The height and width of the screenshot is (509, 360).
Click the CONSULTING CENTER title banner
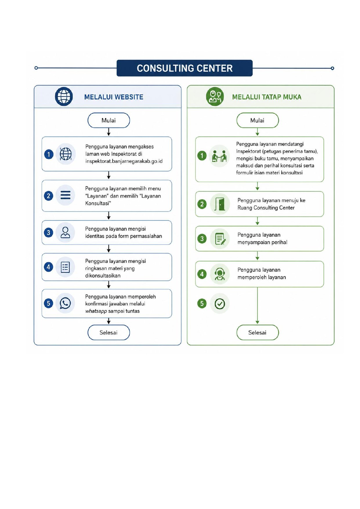(184, 68)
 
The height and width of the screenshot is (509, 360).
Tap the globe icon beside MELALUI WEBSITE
(64, 97)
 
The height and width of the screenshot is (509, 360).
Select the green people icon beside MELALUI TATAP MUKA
(215, 97)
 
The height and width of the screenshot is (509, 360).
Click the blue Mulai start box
(109, 120)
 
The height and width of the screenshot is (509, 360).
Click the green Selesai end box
(258, 332)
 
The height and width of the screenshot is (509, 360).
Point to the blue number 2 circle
(48, 196)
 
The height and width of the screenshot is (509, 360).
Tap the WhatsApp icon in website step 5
(65, 303)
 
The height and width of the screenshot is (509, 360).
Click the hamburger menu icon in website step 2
(65, 195)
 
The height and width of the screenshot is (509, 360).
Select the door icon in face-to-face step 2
(220, 204)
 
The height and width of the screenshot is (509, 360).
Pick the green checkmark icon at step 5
(220, 304)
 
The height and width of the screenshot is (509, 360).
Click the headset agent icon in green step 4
(220, 274)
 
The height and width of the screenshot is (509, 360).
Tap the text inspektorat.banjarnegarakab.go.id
(124, 161)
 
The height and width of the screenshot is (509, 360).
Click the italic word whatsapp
(96, 311)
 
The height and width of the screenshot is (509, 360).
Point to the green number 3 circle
(202, 239)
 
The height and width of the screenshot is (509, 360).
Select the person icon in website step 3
(65, 232)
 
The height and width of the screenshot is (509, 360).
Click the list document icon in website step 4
(65, 267)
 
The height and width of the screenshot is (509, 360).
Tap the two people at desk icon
(219, 156)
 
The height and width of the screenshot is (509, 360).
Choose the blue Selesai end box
(109, 332)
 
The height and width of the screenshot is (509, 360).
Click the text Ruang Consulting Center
(266, 208)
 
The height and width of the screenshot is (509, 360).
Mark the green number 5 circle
(202, 304)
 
